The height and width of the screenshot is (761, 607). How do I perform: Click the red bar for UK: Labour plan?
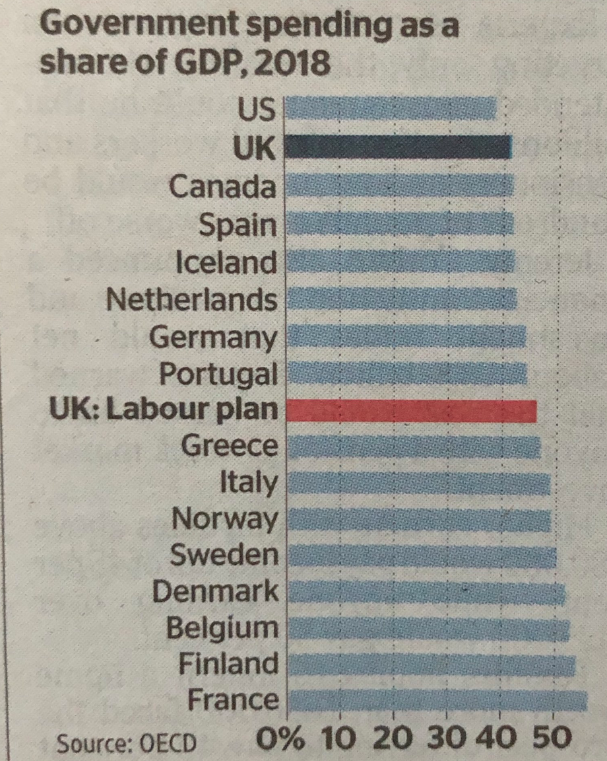[x=412, y=411]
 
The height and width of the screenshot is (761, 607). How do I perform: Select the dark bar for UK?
[x=399, y=147]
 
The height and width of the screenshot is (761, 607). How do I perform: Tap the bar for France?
[x=437, y=700]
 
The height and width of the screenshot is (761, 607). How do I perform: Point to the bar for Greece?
[x=414, y=447]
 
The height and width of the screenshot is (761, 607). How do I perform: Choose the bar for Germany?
[x=406, y=338]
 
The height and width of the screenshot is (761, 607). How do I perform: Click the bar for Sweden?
[x=422, y=556]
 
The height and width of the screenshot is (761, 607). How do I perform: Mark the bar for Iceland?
[x=400, y=263]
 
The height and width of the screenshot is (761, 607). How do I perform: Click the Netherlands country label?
[x=191, y=301]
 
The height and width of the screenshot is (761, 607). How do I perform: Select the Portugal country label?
[x=218, y=375]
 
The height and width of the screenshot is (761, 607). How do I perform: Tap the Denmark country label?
[x=215, y=591]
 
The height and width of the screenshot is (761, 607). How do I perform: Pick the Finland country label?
[x=228, y=664]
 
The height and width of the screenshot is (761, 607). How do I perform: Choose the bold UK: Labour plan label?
[x=164, y=410]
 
